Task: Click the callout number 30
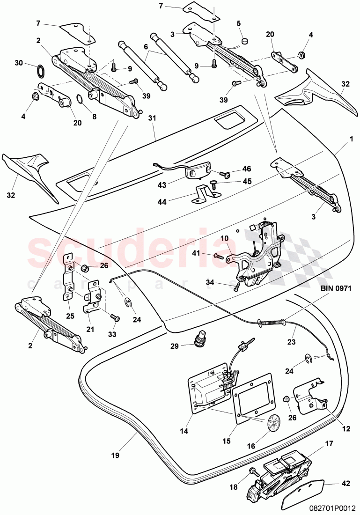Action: [x=18, y=63]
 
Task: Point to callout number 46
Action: [x=246, y=169]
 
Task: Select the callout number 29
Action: [x=174, y=346]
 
